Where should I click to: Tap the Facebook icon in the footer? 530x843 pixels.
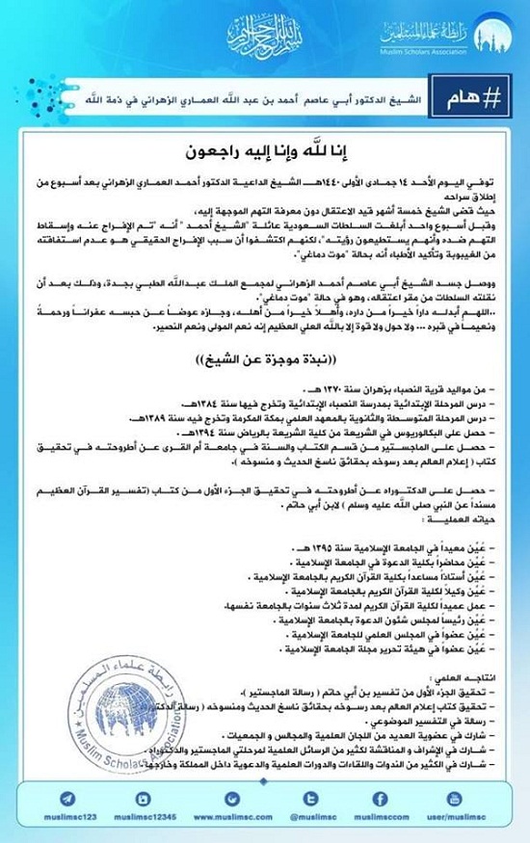point(380,798)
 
